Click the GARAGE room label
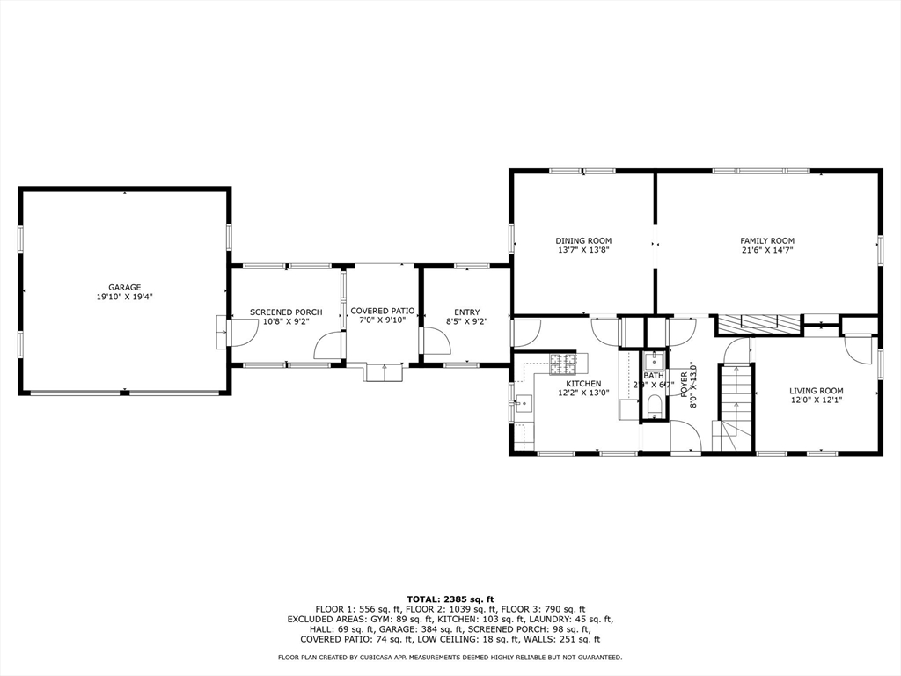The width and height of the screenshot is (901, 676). tap(125, 287)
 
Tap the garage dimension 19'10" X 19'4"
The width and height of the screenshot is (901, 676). tap(125, 298)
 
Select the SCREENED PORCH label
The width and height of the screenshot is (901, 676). tap(286, 312)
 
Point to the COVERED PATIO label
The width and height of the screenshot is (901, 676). tap(382, 311)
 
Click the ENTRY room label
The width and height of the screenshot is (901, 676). tap(467, 312)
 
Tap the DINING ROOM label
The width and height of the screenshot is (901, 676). tap(582, 240)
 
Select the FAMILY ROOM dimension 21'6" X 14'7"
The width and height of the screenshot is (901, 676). tap(767, 250)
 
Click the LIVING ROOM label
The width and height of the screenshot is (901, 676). tap(817, 391)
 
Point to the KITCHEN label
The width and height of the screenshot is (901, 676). tap(583, 384)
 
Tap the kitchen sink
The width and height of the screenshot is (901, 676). tap(522, 405)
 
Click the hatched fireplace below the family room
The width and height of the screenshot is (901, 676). tap(758, 324)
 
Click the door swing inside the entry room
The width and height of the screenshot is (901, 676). tap(436, 342)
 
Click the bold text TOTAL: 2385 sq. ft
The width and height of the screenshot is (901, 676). tap(450, 599)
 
